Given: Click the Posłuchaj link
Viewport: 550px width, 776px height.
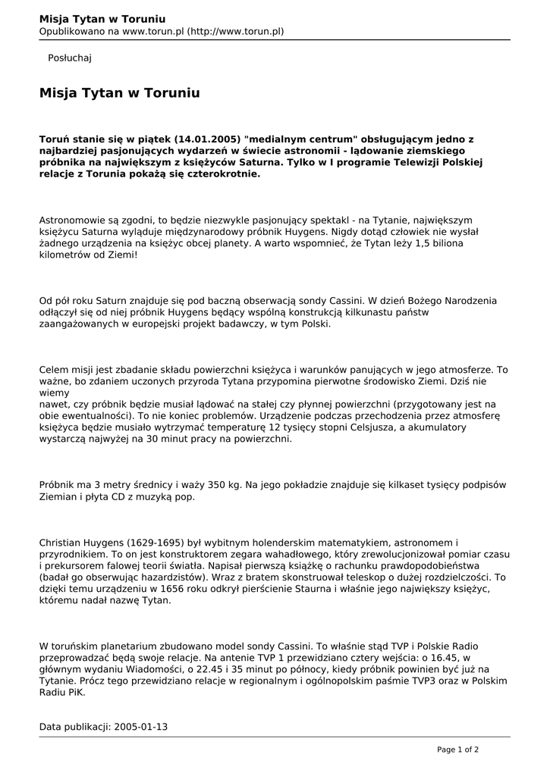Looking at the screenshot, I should point(70,58).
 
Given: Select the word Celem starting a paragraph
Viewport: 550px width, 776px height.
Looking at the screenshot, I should point(54,370).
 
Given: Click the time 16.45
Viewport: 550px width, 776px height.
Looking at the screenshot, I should point(448,658).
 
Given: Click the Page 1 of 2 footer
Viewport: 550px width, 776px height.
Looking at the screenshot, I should point(457,749).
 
